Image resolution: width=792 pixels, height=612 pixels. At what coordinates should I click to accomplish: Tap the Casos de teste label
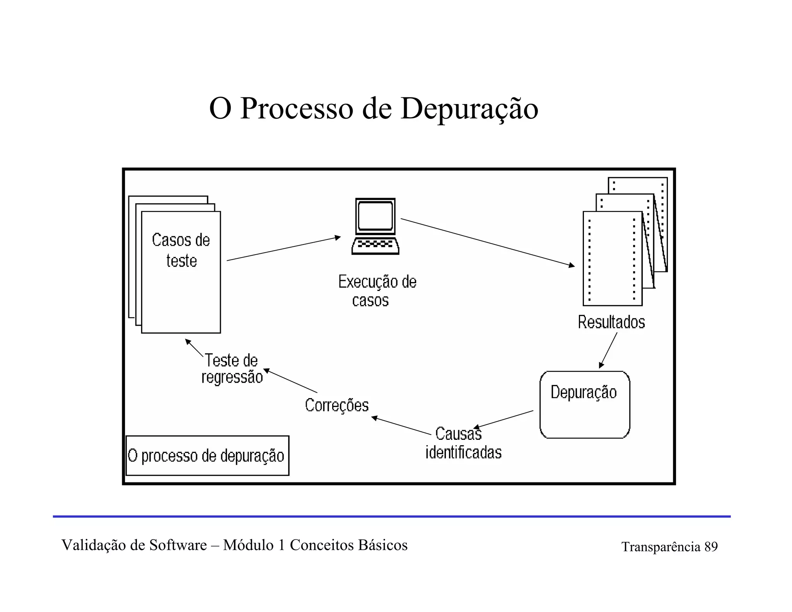(181, 250)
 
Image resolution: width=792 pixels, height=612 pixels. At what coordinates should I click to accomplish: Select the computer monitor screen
(375, 216)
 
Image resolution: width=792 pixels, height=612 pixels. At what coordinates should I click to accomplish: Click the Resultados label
(611, 322)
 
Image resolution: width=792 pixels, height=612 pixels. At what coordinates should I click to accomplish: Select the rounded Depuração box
(584, 405)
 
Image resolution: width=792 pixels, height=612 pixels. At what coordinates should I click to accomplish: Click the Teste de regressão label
(232, 369)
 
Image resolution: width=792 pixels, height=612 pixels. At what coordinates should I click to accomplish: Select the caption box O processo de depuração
(207, 456)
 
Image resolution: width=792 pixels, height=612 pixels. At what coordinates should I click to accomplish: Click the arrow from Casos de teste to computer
(283, 248)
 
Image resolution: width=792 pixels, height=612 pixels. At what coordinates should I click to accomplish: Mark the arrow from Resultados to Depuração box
(608, 350)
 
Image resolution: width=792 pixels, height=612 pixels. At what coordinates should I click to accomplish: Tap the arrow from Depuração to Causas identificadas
(504, 419)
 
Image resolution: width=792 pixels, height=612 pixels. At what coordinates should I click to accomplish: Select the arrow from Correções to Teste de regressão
(290, 381)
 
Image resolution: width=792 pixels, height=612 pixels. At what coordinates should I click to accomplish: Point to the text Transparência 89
(669, 547)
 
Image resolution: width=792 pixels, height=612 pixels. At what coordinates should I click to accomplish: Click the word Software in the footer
(178, 545)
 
